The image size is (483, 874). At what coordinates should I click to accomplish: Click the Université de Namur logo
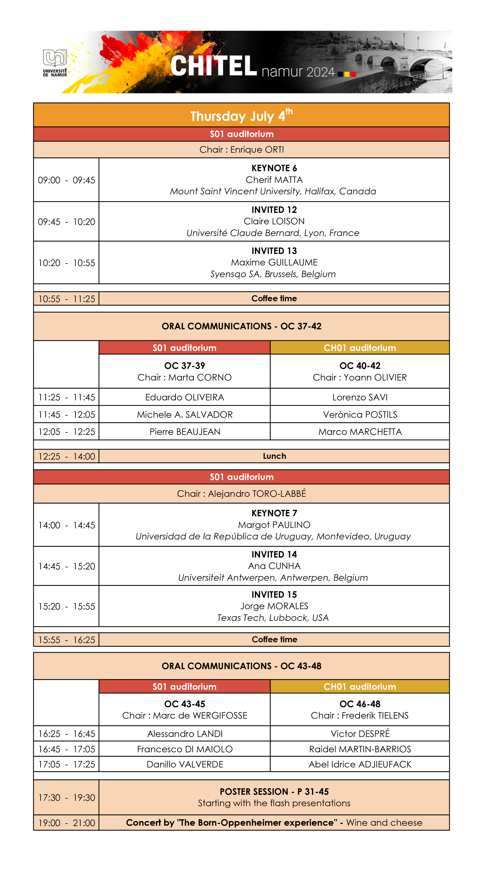coord(55,63)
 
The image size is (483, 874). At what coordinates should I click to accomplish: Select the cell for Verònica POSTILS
coord(360,414)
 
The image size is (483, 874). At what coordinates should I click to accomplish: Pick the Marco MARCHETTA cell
coord(360,432)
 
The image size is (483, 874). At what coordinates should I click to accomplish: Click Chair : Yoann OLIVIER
coord(360,377)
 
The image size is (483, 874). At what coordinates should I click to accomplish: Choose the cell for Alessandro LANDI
coord(185,734)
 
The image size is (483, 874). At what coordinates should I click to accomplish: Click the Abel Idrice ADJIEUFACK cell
coord(360,764)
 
